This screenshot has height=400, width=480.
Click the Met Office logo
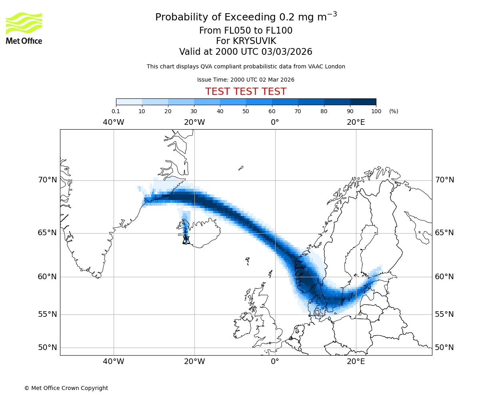[24, 28]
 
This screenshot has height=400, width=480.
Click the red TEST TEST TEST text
[246, 92]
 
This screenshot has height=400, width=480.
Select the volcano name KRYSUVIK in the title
[246, 41]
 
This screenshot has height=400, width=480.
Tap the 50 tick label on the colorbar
[246, 111]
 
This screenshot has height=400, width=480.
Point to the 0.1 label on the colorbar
[116, 111]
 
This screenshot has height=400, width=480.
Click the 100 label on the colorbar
[376, 111]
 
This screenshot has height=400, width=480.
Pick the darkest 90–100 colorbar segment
[363, 102]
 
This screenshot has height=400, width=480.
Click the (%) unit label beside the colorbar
[394, 111]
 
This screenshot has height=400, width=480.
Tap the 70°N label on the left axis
[48, 180]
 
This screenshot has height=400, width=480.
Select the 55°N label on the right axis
[444, 314]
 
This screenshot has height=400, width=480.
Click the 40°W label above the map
[114, 122]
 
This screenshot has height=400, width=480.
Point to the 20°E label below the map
[356, 362]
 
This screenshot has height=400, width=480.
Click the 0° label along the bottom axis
[275, 362]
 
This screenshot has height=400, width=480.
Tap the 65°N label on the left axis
[48, 233]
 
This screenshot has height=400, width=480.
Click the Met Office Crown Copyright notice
[66, 388]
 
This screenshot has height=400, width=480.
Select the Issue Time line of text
[246, 80]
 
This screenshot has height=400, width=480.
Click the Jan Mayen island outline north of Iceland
[241, 168]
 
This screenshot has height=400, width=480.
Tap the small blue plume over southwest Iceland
[185, 228]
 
